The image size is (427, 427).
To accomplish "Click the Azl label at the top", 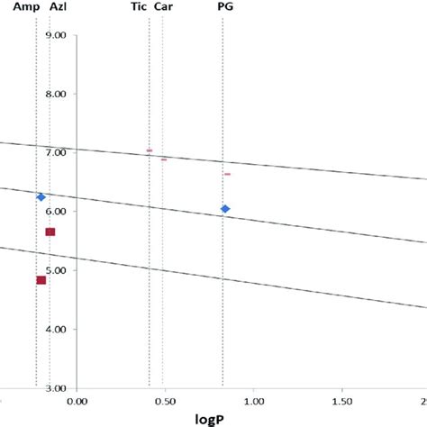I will (57, 6).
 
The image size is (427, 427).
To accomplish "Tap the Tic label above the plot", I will (139, 6).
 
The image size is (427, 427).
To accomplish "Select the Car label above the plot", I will (164, 6).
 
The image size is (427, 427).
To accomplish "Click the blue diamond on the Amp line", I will (41, 196).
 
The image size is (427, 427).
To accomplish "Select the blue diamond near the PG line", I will (225, 209).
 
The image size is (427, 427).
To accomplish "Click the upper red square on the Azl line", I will (50, 232).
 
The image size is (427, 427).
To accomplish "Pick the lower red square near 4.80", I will (41, 280).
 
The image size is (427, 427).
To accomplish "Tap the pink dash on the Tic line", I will (149, 150).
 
